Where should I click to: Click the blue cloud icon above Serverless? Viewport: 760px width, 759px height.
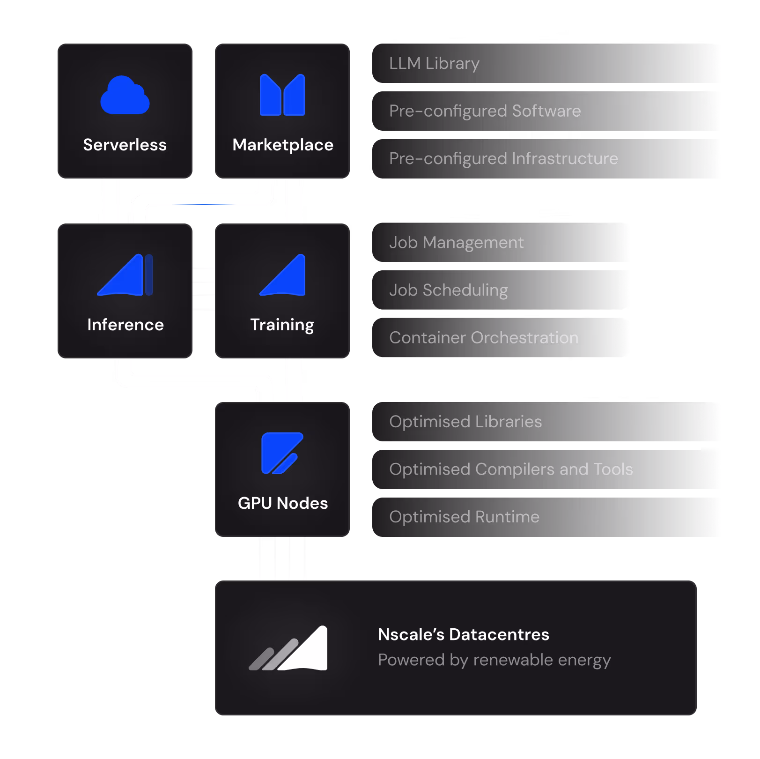pos(125,96)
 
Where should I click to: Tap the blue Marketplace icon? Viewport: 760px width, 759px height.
pos(282,95)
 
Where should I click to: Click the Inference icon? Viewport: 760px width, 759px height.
pos(125,275)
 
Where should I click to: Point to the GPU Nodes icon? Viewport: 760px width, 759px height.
pos(282,453)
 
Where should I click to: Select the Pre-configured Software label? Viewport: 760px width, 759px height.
pos(485,111)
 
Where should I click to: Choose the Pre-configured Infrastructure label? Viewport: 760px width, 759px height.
pos(503,159)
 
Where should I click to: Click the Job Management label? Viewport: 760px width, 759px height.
pos(456,243)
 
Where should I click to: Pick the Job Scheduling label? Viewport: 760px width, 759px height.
pos(448,290)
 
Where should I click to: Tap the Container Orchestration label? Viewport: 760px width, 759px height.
pos(483,338)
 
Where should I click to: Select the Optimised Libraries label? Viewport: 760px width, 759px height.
pos(465,422)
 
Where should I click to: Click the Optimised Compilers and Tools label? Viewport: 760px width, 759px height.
pos(510,469)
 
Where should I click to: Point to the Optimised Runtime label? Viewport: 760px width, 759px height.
pos(464,517)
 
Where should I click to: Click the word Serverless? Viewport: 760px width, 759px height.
pos(125,145)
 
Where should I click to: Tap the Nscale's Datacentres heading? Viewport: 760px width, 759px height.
pos(463,634)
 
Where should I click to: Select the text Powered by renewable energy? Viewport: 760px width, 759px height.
pos(494,660)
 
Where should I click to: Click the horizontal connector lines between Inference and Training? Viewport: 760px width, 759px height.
pos(204,289)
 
